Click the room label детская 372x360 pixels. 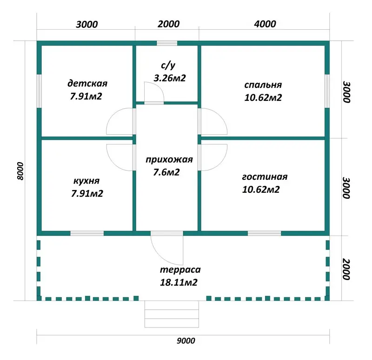tap(87, 84)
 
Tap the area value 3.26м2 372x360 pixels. tap(170, 78)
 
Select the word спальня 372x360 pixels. tap(263, 85)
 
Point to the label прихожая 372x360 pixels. tap(169, 159)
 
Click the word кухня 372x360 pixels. tap(86, 181)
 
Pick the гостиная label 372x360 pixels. tap(265, 177)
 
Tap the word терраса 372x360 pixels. tap(180, 270)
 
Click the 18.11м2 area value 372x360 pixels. tap(179, 282)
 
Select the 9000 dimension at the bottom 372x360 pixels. tap(186, 341)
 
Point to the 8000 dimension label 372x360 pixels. tap(21, 171)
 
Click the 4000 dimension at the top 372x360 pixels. tap(265, 24)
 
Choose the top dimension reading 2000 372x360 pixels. tap(169, 24)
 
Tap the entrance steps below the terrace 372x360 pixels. tap(172, 314)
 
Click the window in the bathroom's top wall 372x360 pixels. tap(167, 43)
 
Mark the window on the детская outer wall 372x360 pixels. tap(39, 91)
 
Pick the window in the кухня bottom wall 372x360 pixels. tap(87, 234)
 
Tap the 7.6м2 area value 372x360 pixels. tap(166, 172)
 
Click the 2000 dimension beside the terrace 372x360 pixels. tap(346, 269)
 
